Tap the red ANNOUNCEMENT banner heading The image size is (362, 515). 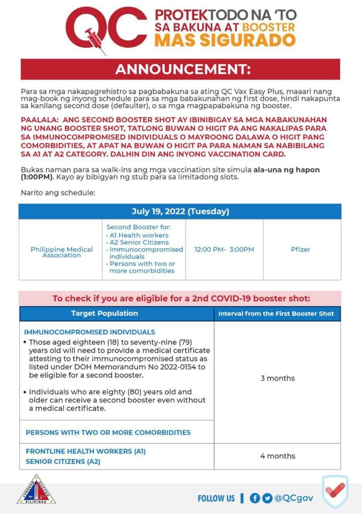tap(180, 69)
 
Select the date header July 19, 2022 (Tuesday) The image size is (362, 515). tap(180, 211)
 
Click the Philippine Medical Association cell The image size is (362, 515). tap(61, 252)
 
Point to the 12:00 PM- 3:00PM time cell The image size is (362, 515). tap(225, 249)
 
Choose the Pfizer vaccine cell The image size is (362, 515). tap(301, 249)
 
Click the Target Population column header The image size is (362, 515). tap(104, 313)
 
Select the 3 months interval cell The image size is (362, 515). tap(277, 378)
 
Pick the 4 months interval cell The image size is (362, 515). tap(277, 456)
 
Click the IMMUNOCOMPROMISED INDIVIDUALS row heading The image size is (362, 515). tap(90, 332)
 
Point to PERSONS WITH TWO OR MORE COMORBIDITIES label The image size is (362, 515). tap(108, 433)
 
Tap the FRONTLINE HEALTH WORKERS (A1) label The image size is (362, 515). tap(86, 451)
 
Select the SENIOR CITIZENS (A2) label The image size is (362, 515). tap(63, 461)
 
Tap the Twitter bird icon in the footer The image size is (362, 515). tap(267, 498)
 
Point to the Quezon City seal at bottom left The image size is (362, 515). tap(36, 489)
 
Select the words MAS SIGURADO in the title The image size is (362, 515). tap(225, 40)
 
